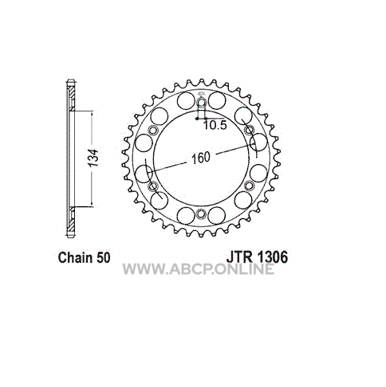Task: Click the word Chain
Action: point(76,257)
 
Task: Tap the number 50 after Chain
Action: point(103,257)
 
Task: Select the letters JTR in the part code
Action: point(239,257)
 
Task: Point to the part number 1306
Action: point(272,257)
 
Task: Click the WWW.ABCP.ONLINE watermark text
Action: point(199,269)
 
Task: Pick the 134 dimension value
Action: point(93,158)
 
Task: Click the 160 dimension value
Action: point(201,158)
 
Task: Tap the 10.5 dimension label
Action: point(215,125)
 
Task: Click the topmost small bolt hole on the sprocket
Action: point(202,103)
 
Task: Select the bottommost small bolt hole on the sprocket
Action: point(201,213)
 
